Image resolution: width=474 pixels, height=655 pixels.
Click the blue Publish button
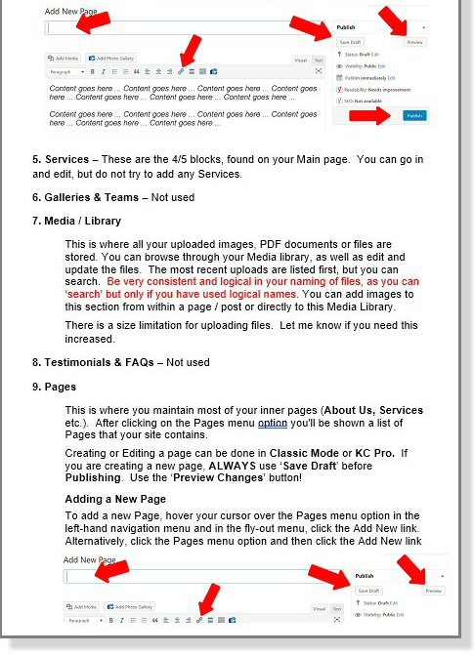pyautogui.click(x=413, y=115)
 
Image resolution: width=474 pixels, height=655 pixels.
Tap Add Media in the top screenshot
pyautogui.click(x=65, y=59)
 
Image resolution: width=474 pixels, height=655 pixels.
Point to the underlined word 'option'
pyautogui.click(x=273, y=426)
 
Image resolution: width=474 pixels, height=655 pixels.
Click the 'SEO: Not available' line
pyautogui.click(x=361, y=101)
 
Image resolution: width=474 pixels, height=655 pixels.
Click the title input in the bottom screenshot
pyautogui.click(x=195, y=577)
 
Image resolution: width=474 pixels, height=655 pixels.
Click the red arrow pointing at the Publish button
pyautogui.click(x=367, y=116)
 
